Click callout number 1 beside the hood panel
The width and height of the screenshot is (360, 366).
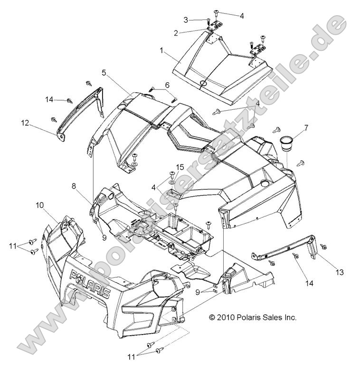[161, 49]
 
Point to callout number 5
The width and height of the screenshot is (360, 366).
[103, 73]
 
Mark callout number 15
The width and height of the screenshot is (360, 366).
[180, 167]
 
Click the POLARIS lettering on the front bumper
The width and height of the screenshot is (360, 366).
[90, 283]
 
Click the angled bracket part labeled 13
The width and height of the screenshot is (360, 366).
[285, 248]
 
